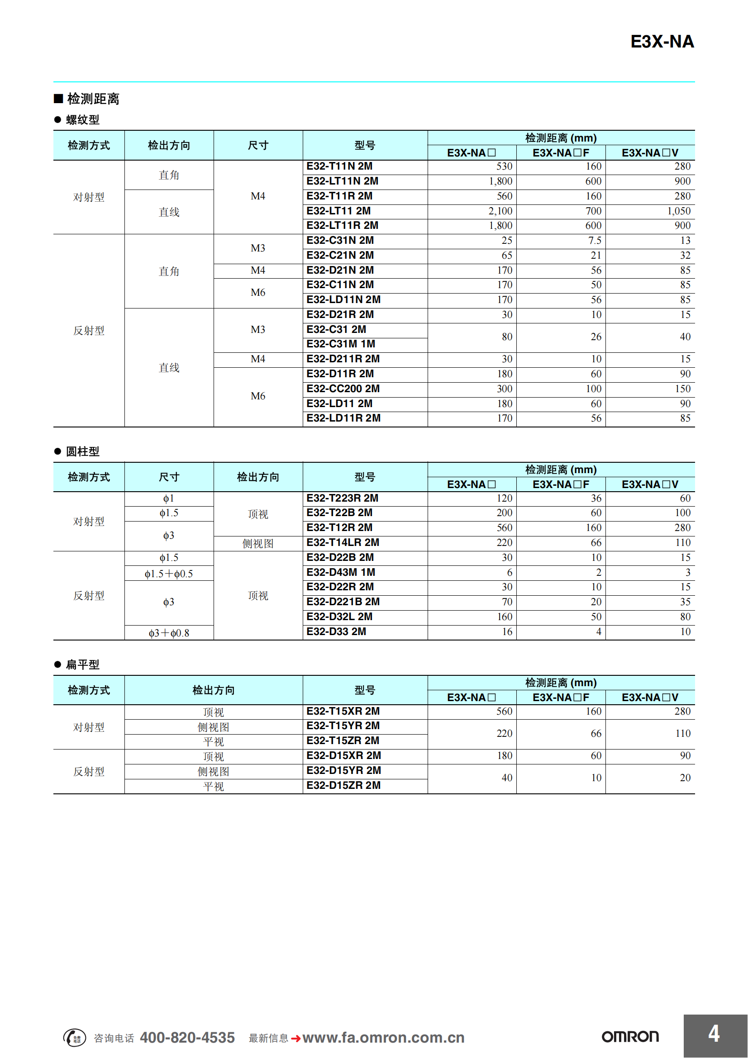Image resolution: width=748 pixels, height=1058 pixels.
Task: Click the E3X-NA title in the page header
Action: [662, 42]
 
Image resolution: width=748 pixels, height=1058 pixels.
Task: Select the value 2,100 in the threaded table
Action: [500, 211]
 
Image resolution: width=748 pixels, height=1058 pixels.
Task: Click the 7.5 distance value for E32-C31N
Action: [595, 241]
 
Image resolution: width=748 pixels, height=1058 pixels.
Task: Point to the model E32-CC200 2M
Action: [343, 389]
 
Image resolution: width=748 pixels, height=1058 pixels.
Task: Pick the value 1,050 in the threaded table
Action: [679, 211]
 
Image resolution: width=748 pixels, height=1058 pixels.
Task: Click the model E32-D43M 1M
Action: [341, 572]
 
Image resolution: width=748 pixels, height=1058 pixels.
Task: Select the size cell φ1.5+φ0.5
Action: [169, 574]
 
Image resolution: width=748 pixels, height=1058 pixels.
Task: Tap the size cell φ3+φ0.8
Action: [169, 633]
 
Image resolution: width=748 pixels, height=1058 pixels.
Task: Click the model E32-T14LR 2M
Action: [343, 542]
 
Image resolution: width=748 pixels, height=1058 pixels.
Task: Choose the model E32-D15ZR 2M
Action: [343, 786]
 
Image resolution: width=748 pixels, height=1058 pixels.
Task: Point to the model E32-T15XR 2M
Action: [343, 712]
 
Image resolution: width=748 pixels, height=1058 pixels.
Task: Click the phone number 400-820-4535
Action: [187, 1038]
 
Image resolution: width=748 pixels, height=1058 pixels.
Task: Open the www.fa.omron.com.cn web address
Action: [383, 1038]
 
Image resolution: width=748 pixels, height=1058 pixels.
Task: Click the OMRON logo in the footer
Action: [630, 1037]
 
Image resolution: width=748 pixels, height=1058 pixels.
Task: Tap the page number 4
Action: [714, 1034]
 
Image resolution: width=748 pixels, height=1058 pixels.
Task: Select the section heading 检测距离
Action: [93, 99]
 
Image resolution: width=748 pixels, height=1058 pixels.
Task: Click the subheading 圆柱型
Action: [82, 451]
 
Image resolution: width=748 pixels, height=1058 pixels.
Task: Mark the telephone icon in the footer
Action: [75, 1038]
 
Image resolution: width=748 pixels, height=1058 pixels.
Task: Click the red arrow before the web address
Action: [296, 1039]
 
